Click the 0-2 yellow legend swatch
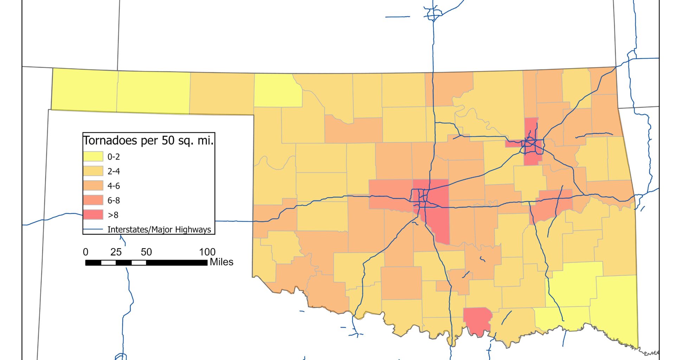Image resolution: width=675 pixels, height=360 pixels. (x=93, y=156)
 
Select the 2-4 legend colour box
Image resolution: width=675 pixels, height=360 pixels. (x=93, y=171)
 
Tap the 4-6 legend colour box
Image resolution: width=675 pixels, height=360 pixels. (x=93, y=186)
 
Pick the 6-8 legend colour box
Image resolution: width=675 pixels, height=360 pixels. (x=93, y=200)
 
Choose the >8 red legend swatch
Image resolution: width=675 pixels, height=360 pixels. (x=93, y=215)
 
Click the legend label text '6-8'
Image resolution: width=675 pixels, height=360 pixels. (x=114, y=200)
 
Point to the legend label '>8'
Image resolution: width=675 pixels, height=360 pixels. (x=113, y=215)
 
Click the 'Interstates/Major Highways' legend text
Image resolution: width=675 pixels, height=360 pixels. (x=159, y=230)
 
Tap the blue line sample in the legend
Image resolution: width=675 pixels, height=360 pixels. (x=93, y=230)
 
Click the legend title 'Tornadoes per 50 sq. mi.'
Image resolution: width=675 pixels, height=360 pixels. (x=148, y=141)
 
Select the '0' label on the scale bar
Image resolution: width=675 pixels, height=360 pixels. (x=85, y=252)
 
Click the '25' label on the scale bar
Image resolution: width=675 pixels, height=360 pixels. (x=116, y=252)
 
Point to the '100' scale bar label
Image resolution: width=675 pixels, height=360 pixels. (x=207, y=252)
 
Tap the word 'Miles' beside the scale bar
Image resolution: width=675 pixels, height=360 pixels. (x=221, y=262)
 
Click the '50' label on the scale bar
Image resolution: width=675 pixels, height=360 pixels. (x=146, y=252)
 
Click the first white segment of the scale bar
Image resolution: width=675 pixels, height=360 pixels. (x=108, y=263)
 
